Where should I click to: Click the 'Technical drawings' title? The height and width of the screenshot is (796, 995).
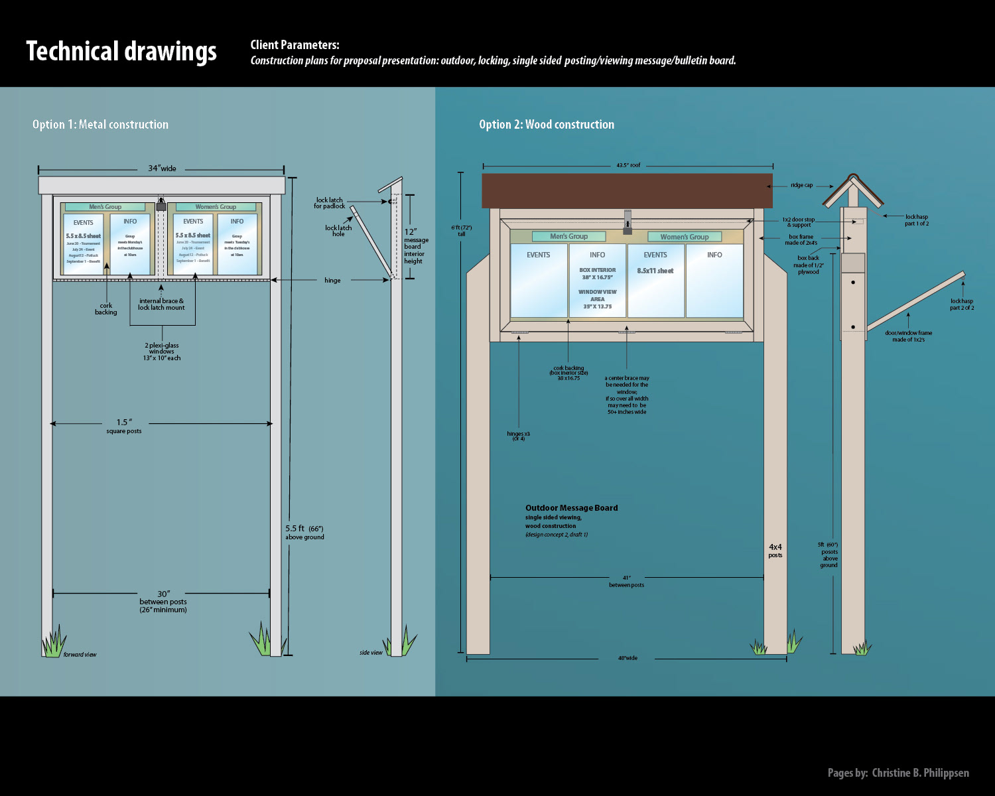pos(121,52)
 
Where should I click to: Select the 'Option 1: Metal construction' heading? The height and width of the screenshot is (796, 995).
pos(100,125)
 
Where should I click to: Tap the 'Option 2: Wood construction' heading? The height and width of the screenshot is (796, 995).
pos(547,125)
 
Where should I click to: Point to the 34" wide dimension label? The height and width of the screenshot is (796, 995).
pos(162,168)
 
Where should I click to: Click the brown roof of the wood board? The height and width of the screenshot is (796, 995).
pos(627,191)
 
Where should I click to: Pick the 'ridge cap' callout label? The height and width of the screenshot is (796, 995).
pos(801,186)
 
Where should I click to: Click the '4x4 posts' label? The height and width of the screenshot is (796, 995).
pos(775,551)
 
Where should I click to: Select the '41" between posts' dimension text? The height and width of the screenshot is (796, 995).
pos(626,581)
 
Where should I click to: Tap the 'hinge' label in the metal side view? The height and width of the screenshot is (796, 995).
pos(332,281)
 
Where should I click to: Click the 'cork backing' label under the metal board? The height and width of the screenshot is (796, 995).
pos(105,309)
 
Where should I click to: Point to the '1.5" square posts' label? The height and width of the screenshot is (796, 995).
pos(124,426)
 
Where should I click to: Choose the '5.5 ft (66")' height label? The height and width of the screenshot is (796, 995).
pos(304,532)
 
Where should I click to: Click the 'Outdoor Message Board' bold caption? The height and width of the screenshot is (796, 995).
pos(571,508)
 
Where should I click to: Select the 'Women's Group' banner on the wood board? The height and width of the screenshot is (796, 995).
pos(684,237)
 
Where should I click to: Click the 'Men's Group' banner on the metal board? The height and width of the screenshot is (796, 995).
pos(105,207)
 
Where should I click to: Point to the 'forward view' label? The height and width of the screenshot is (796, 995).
pos(80,655)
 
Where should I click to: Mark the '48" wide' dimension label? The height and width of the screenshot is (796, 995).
pos(628,659)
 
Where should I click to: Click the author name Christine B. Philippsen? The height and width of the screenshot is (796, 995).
pos(920,773)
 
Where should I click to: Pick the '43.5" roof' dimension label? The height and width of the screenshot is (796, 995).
pos(628,165)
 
